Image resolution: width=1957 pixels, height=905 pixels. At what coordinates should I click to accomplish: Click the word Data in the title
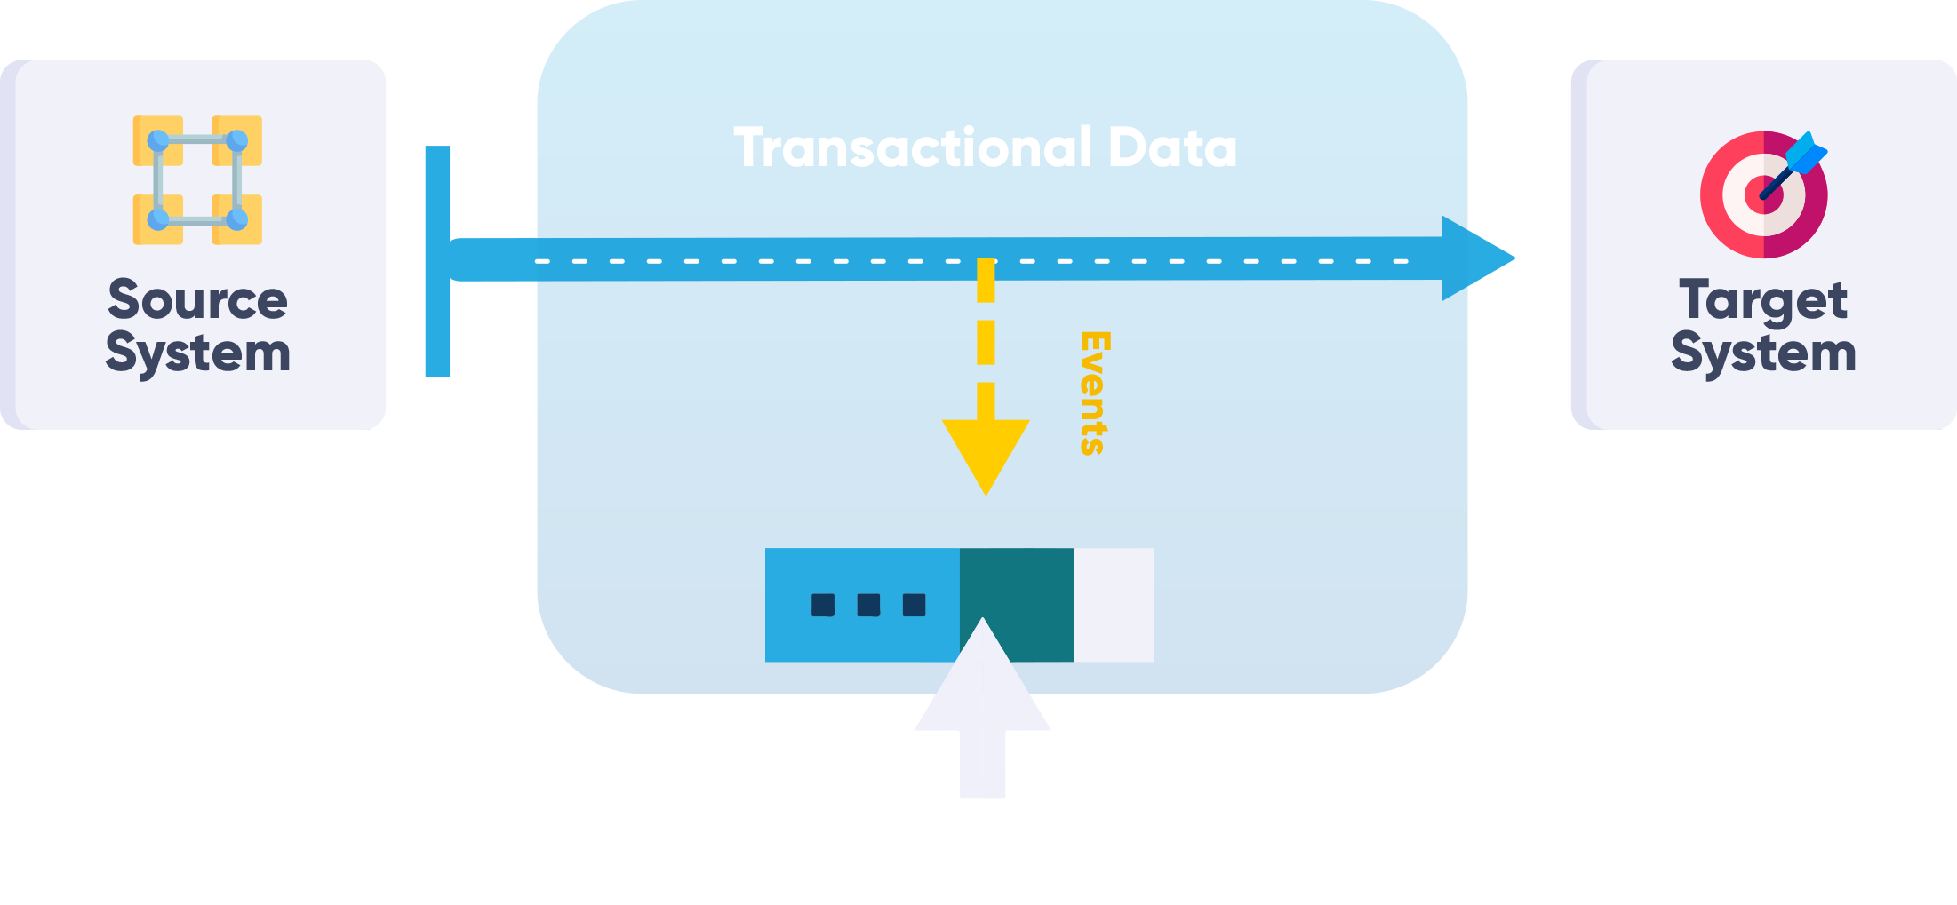(1172, 147)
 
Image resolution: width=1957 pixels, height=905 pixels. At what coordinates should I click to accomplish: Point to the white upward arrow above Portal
(983, 711)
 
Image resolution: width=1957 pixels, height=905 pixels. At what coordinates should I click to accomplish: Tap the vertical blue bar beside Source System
(437, 261)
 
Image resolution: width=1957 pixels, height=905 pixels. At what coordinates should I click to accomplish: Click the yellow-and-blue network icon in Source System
(197, 179)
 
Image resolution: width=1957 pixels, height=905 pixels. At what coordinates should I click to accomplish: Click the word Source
(197, 299)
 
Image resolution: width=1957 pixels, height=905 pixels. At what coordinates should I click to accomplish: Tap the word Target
(1763, 300)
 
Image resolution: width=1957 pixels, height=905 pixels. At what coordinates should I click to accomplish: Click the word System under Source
(197, 353)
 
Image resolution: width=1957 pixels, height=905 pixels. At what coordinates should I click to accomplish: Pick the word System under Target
(1763, 353)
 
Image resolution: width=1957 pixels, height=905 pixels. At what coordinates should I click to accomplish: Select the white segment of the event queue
(1114, 605)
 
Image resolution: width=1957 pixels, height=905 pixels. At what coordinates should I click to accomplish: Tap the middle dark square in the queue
(868, 605)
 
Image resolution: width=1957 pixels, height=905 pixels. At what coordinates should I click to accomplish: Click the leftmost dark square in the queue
(823, 605)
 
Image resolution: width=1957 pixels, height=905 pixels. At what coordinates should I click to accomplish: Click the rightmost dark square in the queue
(914, 605)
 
